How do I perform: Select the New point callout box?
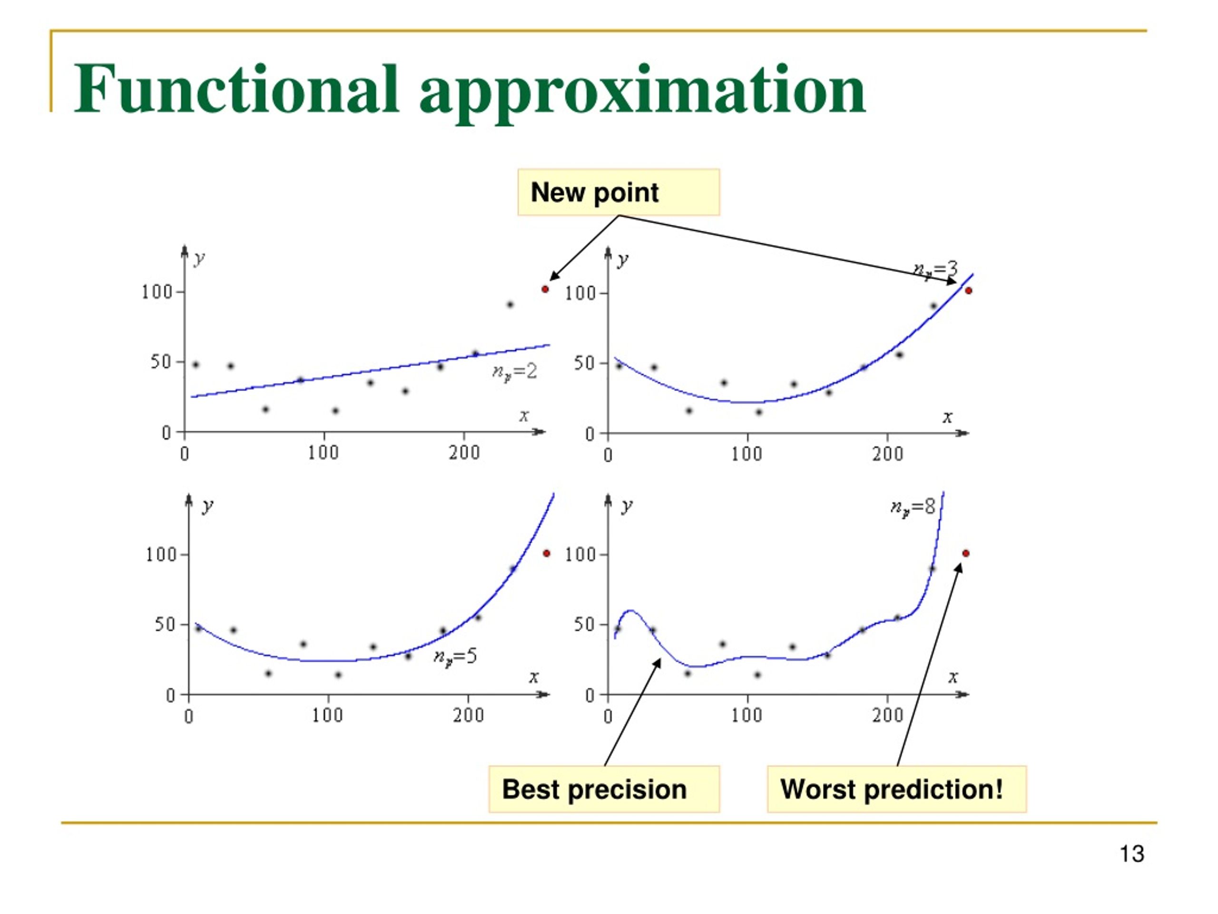(619, 192)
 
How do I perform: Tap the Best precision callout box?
(604, 789)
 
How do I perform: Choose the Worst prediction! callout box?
(897, 789)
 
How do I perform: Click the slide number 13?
(1131, 854)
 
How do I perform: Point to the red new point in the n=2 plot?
(545, 289)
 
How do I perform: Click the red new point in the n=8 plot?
(966, 554)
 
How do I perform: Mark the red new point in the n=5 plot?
(547, 553)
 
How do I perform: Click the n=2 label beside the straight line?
(514, 372)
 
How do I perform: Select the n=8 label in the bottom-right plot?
(913, 507)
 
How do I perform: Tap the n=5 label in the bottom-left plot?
(455, 657)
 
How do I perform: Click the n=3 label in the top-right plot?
(935, 269)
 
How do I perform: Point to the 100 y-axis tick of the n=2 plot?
(157, 292)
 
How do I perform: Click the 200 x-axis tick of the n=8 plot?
(888, 715)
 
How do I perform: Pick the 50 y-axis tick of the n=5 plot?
(165, 624)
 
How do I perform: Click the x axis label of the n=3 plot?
(947, 417)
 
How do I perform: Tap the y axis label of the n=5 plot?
(207, 506)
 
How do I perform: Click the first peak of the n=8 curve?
(630, 610)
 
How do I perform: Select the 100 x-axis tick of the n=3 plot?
(747, 455)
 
